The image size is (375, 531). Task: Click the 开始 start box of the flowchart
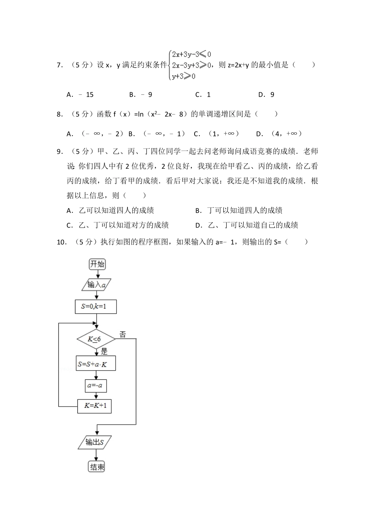coord(97,264)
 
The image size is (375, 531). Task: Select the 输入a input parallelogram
coord(96,284)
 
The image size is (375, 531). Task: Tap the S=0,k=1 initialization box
coord(96,307)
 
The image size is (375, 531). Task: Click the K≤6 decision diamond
coord(96,339)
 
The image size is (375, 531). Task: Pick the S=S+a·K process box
coord(96,364)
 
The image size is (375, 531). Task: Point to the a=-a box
coord(96,385)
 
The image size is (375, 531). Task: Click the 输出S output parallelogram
coord(95,442)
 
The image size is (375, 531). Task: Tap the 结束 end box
coord(97,467)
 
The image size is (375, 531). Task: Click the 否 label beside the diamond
coord(123,335)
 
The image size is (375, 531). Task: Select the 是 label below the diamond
coord(104,351)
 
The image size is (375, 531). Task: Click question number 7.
coord(60,65)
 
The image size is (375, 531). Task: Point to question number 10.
coord(62,242)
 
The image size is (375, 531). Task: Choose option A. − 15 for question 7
coord(80,94)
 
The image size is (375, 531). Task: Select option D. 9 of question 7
coord(266,94)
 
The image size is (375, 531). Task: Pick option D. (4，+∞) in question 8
coord(279,134)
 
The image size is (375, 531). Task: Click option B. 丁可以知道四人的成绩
coord(239,210)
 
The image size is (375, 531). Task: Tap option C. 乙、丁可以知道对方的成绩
coord(118,225)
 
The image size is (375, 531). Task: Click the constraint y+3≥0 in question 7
coord(183,76)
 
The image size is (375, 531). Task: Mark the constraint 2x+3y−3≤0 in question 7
coord(191,54)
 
